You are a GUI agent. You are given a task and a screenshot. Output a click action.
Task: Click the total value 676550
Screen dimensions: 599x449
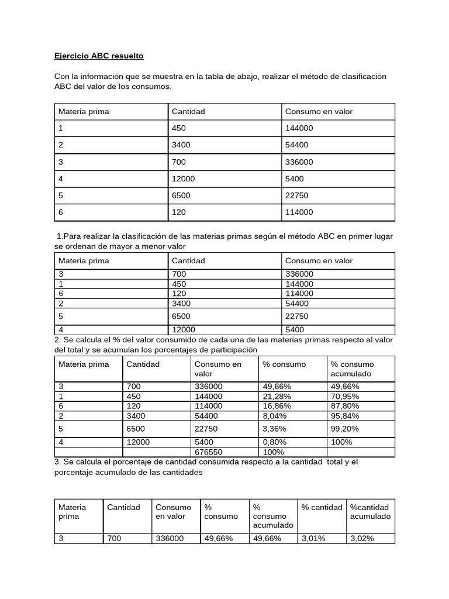point(208,452)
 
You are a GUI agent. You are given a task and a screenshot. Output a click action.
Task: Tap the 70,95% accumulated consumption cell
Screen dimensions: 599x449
point(345,396)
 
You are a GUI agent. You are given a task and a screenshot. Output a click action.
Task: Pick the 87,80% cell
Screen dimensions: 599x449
point(345,405)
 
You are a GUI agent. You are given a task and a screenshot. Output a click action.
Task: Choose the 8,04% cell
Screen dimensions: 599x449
point(274,415)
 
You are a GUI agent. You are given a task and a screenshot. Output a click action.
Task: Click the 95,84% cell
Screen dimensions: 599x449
point(345,415)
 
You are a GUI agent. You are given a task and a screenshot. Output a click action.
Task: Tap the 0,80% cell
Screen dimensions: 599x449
point(274,442)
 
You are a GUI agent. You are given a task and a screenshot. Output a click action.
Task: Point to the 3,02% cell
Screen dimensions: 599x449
point(361,539)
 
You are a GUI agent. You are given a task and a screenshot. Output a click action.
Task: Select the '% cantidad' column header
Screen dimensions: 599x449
point(322,507)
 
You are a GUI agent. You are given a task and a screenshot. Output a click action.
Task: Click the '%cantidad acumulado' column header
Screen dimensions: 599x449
point(370,512)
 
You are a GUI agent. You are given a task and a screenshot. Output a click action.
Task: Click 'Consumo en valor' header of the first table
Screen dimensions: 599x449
point(319,112)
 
